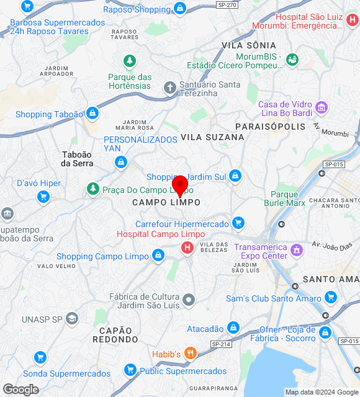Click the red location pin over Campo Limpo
[180, 185]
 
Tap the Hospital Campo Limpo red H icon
[186, 248]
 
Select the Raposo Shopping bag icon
[179, 8]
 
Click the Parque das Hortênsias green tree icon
[130, 61]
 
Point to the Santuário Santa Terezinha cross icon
[169, 87]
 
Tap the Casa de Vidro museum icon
[322, 108]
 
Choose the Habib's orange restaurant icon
[191, 354]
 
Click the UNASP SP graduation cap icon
[72, 319]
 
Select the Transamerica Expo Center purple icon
[297, 251]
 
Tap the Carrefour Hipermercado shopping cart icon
[238, 223]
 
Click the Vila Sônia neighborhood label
[248, 45]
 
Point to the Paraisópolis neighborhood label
[271, 127]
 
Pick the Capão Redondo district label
[115, 335]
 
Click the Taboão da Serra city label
[77, 159]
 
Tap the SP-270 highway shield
[228, 5]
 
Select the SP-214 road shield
[221, 344]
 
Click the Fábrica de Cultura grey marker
[189, 301]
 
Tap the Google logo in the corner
[20, 390]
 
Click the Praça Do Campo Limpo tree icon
[93, 188]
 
